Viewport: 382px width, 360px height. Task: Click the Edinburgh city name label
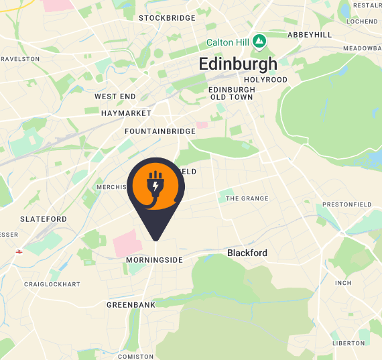[x=238, y=64]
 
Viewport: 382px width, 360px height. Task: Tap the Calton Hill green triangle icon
[x=259, y=42]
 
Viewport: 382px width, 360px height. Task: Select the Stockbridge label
[x=167, y=18]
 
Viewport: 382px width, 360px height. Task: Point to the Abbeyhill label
[x=310, y=34]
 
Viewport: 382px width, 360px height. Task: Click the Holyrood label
[x=266, y=80]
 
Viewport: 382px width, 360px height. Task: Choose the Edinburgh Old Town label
[x=231, y=93]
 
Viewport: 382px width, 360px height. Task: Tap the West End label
[x=115, y=97]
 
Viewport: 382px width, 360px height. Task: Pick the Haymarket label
[x=126, y=113]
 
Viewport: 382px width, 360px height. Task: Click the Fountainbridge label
[x=160, y=131]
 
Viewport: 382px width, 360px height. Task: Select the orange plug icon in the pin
[x=155, y=186]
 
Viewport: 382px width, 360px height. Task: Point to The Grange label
[x=247, y=198]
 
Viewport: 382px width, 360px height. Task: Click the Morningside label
[x=154, y=260]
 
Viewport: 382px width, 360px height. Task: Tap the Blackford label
[x=247, y=253]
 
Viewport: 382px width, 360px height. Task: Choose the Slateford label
[x=44, y=219]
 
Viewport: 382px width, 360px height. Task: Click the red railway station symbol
[x=19, y=251]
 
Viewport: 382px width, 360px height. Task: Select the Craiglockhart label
[x=52, y=284]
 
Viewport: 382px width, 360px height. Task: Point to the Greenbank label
[x=131, y=305]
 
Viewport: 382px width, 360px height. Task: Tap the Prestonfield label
[x=346, y=204]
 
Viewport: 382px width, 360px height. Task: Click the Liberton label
[x=348, y=343]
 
